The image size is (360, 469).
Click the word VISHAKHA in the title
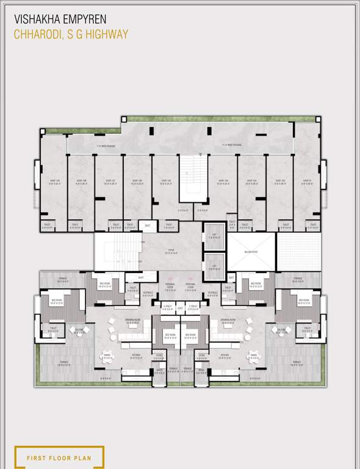(35, 19)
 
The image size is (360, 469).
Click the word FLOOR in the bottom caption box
(63, 457)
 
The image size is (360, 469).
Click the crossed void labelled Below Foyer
(251, 251)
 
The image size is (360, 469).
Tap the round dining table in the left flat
(107, 355)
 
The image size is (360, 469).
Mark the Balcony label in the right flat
(281, 330)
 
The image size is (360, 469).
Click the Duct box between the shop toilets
(147, 225)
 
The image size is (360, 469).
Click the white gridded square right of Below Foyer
(298, 251)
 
